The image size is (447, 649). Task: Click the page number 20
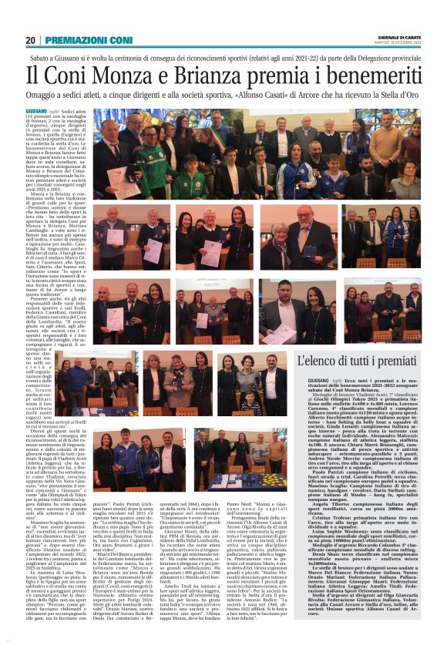[31, 40]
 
